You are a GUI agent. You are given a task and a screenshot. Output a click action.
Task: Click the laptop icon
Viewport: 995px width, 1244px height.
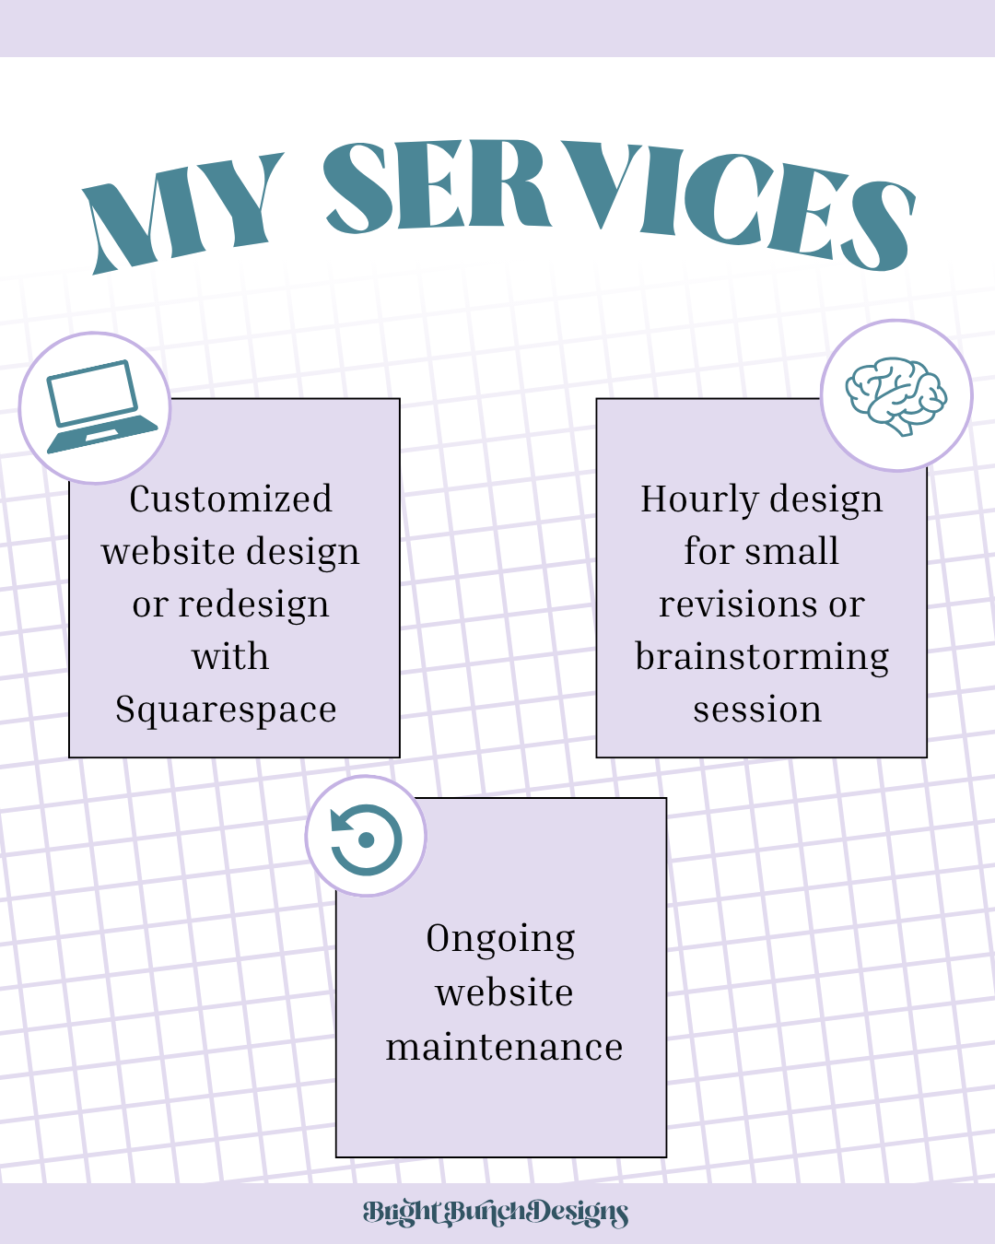click(x=101, y=407)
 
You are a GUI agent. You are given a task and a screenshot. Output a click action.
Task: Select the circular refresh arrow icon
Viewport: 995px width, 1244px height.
click(x=366, y=840)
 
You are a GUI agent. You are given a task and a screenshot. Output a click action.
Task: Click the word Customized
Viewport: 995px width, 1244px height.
click(x=230, y=499)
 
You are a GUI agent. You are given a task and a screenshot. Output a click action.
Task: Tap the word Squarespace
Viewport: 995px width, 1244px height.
click(x=226, y=710)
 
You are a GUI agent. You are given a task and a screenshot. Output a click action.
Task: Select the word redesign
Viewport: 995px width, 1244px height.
click(x=253, y=605)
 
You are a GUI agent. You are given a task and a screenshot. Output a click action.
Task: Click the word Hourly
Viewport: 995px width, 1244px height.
click(x=699, y=499)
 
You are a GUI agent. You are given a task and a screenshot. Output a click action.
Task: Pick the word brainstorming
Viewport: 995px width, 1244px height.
click(x=762, y=658)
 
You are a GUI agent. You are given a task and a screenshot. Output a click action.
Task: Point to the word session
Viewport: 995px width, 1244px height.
click(x=757, y=710)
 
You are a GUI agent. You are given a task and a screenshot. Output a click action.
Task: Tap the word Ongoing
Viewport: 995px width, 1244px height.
click(x=500, y=940)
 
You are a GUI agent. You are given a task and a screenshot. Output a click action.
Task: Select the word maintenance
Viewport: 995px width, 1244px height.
click(x=504, y=1048)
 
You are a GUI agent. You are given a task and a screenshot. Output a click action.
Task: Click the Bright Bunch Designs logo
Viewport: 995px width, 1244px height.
click(x=496, y=1214)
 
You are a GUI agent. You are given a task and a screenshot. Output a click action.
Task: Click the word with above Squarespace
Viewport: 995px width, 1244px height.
click(x=230, y=656)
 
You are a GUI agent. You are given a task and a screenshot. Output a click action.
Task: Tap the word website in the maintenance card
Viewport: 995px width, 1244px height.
click(x=504, y=993)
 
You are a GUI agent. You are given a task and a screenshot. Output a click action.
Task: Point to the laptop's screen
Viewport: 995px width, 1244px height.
click(x=93, y=392)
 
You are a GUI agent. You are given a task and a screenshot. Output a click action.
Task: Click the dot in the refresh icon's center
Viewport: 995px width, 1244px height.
click(x=366, y=840)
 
